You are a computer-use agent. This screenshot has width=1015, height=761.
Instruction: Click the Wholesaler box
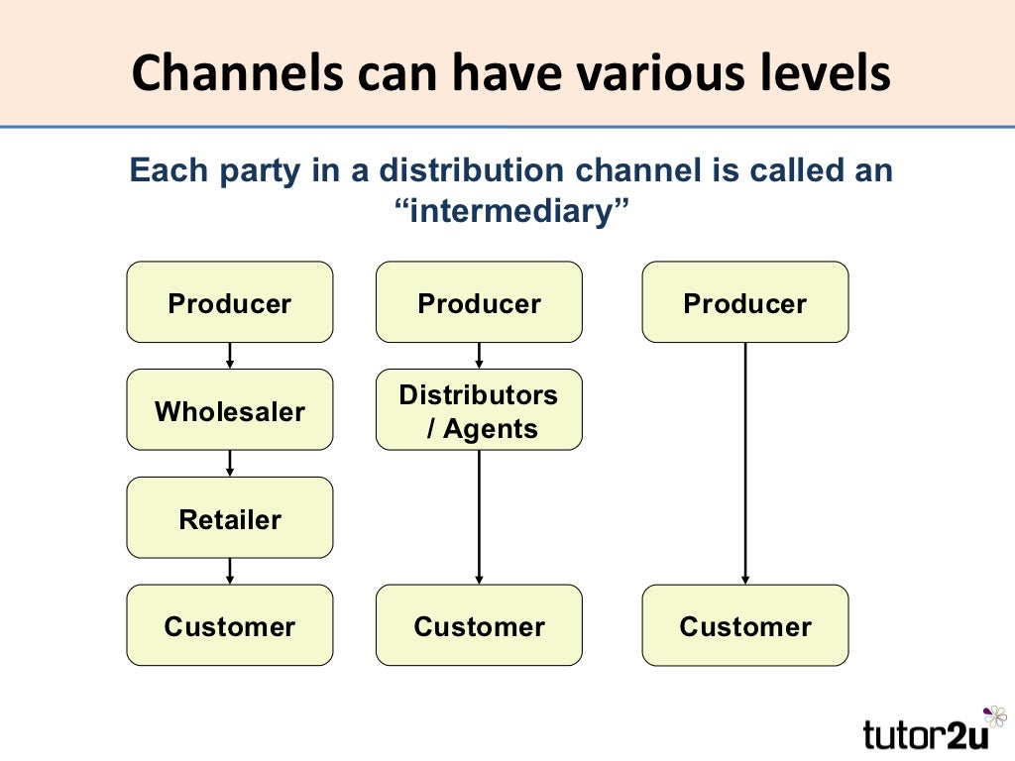coord(230,410)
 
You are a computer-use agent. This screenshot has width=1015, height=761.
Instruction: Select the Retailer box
coord(230,518)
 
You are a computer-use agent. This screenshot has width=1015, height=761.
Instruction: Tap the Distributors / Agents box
coord(479,410)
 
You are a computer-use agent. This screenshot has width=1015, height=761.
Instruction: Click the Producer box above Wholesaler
coord(230,302)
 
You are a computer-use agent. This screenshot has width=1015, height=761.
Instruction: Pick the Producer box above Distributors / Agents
coord(479,302)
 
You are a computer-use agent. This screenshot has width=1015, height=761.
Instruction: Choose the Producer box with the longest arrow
coord(745,302)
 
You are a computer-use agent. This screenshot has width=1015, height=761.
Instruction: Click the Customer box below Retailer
coord(230,625)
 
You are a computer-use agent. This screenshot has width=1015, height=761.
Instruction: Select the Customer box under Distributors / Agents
coord(479,625)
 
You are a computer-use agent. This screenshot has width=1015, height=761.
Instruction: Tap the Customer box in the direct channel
coord(745,625)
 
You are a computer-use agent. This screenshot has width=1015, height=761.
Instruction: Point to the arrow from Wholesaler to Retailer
coord(230,464)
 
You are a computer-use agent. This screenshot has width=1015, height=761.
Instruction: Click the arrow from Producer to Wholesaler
coord(230,356)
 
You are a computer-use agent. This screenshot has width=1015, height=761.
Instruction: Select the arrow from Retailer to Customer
coord(230,571)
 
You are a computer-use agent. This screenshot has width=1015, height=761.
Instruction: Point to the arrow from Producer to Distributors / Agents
coord(479,356)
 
